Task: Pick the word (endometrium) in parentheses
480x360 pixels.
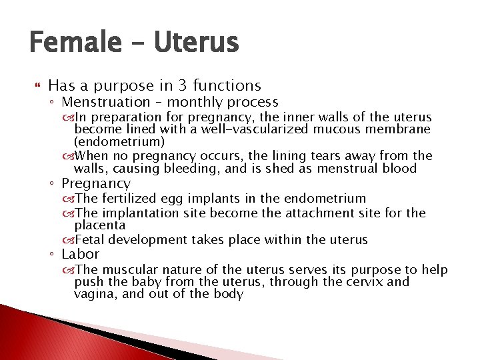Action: coord(119,141)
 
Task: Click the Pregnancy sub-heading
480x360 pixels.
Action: coord(96,183)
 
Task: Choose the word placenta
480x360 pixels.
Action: coord(99,225)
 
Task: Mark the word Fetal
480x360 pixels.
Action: coord(91,240)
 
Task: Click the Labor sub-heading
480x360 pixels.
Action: coord(80,255)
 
